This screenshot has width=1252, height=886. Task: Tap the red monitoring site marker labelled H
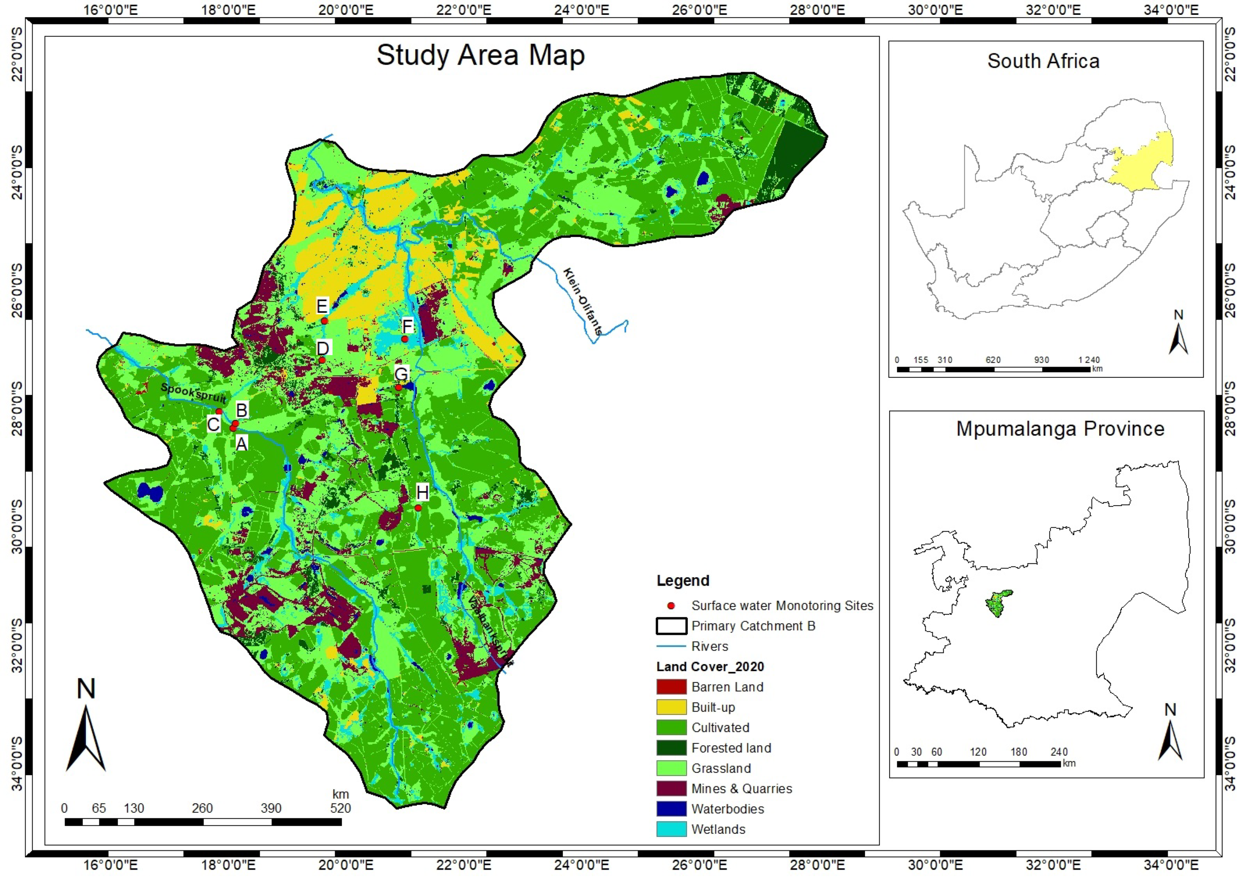pyautogui.click(x=418, y=508)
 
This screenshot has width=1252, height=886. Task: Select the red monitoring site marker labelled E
pyautogui.click(x=325, y=321)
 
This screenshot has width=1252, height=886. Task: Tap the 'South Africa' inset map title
pyautogui.click(x=1043, y=61)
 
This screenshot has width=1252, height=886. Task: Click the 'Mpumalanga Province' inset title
pyautogui.click(x=1060, y=429)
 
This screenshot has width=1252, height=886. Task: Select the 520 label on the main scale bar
pyautogui.click(x=340, y=808)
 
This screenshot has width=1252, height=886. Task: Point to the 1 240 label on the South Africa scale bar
pyautogui.click(x=1089, y=360)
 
